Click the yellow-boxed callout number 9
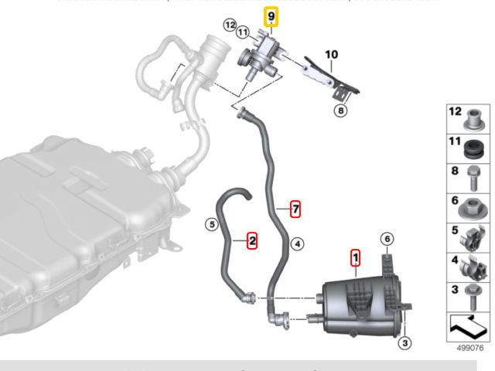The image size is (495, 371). click(x=271, y=16)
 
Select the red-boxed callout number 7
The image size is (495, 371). click(x=295, y=207)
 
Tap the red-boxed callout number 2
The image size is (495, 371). click(x=252, y=241)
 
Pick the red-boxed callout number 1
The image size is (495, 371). click(x=355, y=256)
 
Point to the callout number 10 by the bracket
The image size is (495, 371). click(x=332, y=54)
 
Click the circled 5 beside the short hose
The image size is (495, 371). click(x=210, y=225)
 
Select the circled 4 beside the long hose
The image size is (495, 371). click(x=295, y=243)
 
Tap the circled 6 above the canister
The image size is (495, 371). click(x=387, y=240)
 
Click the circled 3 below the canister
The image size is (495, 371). click(x=406, y=342)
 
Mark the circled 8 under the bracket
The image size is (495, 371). click(x=341, y=111)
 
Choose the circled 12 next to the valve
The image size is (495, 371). click(x=230, y=25)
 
